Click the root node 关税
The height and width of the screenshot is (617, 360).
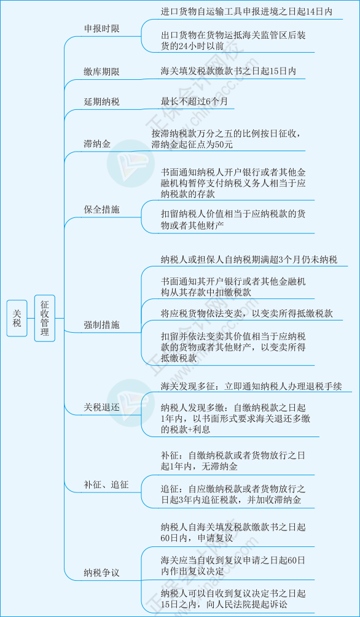tap(17, 318)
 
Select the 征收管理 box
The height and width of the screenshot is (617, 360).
tap(44, 318)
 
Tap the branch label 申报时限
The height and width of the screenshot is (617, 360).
tap(101, 29)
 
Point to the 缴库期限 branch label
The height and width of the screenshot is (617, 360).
tap(101, 72)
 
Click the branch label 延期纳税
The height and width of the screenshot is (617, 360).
tap(101, 102)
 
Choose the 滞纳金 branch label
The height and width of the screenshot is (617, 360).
tap(97, 144)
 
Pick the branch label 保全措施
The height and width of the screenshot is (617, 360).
tap(101, 210)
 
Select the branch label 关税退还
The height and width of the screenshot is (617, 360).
tap(101, 407)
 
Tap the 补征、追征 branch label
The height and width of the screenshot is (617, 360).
tap(106, 484)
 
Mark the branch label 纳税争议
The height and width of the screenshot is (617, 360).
tap(101, 573)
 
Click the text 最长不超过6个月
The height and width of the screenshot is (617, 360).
tap(194, 101)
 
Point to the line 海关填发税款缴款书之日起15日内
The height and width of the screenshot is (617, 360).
tap(229, 71)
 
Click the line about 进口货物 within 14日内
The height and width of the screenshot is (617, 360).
tap(246, 12)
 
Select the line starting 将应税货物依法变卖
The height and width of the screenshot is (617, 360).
tap(247, 313)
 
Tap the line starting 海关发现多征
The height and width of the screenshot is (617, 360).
tap(251, 386)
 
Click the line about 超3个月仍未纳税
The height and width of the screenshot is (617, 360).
tap(249, 260)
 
